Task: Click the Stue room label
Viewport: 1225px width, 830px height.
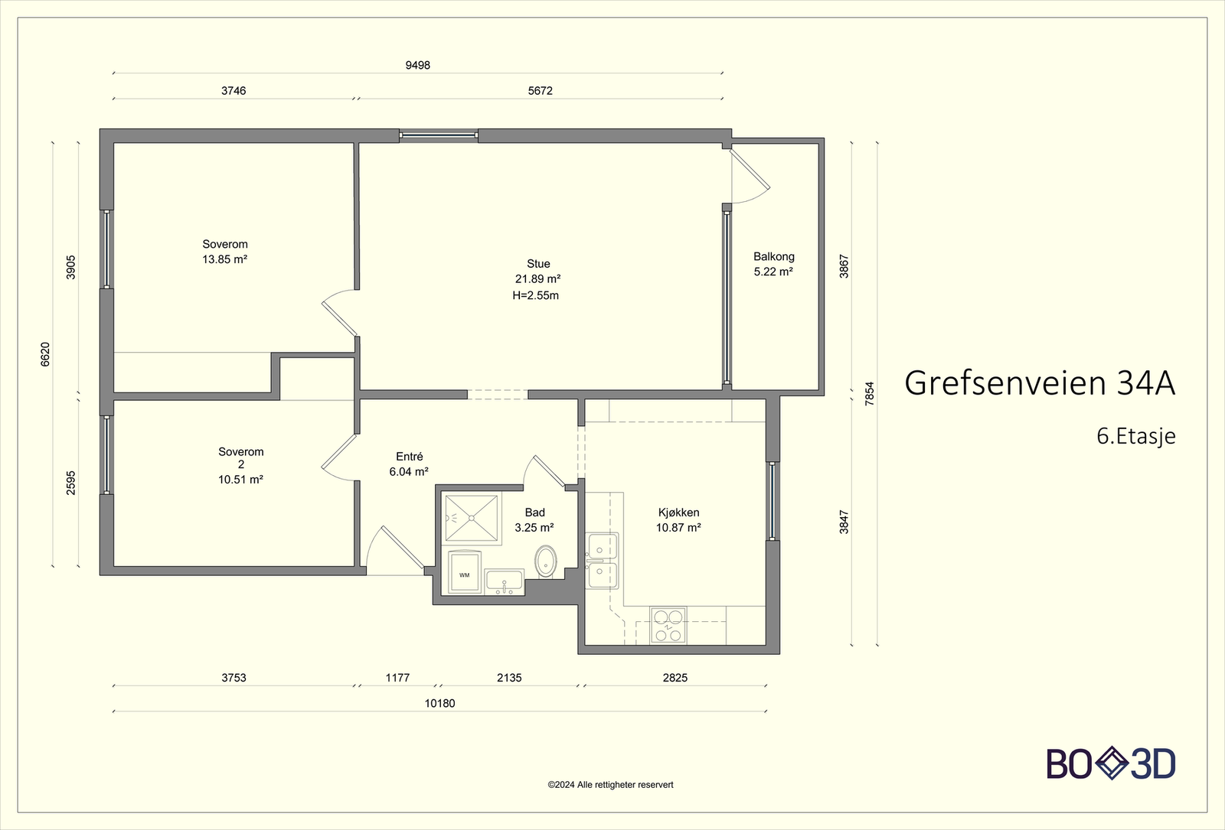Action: pyautogui.click(x=537, y=264)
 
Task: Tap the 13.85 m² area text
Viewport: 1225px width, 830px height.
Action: pyautogui.click(x=224, y=259)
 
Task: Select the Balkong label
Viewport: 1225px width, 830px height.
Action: pyautogui.click(x=773, y=257)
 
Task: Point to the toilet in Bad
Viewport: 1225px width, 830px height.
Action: pyautogui.click(x=546, y=561)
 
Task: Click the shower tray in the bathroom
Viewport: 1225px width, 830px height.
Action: pyautogui.click(x=472, y=519)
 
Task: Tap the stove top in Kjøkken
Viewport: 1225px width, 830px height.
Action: pyautogui.click(x=668, y=625)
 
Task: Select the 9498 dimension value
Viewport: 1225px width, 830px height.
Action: pyautogui.click(x=417, y=66)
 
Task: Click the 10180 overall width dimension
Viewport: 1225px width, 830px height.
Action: pyautogui.click(x=439, y=704)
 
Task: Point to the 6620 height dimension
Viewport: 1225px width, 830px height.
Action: pyautogui.click(x=45, y=354)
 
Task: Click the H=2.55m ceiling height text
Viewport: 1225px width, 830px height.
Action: pyautogui.click(x=535, y=296)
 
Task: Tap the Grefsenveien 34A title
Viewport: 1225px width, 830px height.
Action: pyautogui.click(x=1039, y=383)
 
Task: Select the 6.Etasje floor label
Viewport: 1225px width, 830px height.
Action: pyautogui.click(x=1135, y=437)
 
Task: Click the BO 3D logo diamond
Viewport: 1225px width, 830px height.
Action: pyautogui.click(x=1112, y=763)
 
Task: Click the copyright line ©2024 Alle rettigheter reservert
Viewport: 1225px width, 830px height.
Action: pyautogui.click(x=610, y=785)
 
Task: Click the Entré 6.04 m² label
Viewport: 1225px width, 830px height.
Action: pyautogui.click(x=409, y=464)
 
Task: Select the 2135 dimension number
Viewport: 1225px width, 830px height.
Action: pyautogui.click(x=509, y=678)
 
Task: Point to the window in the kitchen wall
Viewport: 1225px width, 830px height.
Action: pyautogui.click(x=773, y=501)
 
